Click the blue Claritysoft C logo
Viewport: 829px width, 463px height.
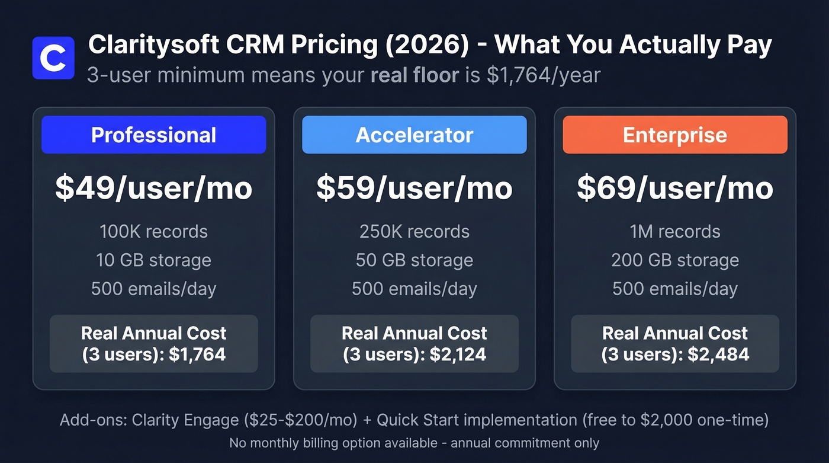coord(53,58)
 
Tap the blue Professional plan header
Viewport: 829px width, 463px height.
coord(153,135)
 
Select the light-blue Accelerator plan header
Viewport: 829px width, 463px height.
coord(414,135)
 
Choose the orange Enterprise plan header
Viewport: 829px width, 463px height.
coord(674,135)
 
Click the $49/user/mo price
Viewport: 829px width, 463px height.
coord(153,188)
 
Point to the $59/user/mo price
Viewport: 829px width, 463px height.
coord(414,188)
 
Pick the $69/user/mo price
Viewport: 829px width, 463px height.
coord(674,188)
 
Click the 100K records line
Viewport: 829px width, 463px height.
coord(153,231)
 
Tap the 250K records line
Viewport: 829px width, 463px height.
coord(414,231)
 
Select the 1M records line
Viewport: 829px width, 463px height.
coord(674,231)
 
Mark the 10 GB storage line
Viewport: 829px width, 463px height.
coord(153,260)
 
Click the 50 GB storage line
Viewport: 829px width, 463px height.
coord(414,260)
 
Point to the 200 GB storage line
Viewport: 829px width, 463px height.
coord(674,260)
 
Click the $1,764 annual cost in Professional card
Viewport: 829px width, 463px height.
coord(197,355)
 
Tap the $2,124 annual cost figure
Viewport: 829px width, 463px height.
coord(458,355)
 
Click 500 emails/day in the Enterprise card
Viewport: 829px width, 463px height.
coord(674,289)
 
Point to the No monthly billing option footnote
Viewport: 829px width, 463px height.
coord(414,443)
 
